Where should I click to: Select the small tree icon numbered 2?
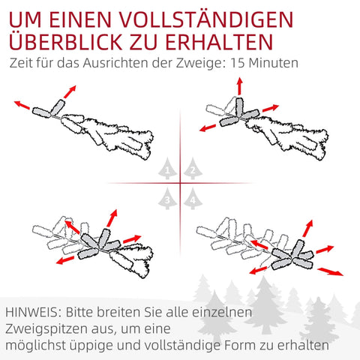coord(193,170)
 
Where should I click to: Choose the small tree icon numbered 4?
coord(193,199)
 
